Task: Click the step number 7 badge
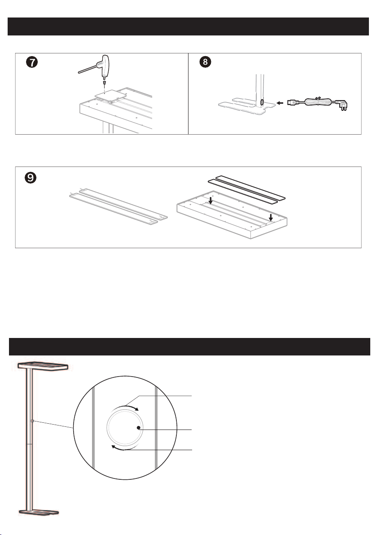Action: coord(32,62)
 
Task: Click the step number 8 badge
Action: coord(205,62)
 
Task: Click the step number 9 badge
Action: coord(31,178)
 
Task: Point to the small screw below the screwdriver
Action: coord(104,83)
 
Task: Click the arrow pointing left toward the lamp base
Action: coord(280,103)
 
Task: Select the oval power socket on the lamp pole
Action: coord(261,102)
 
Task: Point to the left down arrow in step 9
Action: coord(210,200)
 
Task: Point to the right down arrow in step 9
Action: coord(271,217)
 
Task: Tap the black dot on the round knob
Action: coord(138,428)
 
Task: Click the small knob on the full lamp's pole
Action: coord(32,421)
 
